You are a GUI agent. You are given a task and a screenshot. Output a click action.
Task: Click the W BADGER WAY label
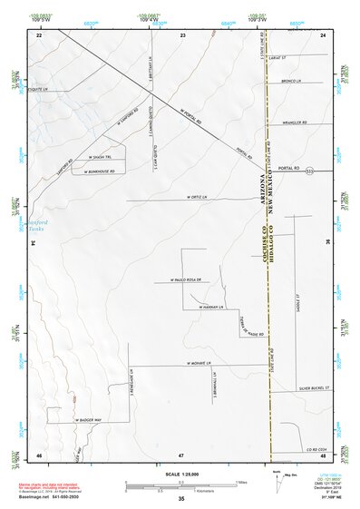coord(95,420)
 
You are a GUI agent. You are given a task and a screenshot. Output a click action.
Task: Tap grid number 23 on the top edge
coord(182,34)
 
